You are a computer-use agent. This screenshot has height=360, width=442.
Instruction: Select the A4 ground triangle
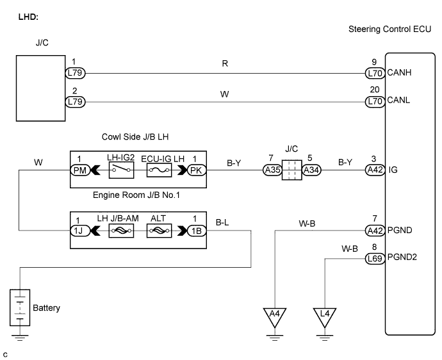click(x=275, y=316)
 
